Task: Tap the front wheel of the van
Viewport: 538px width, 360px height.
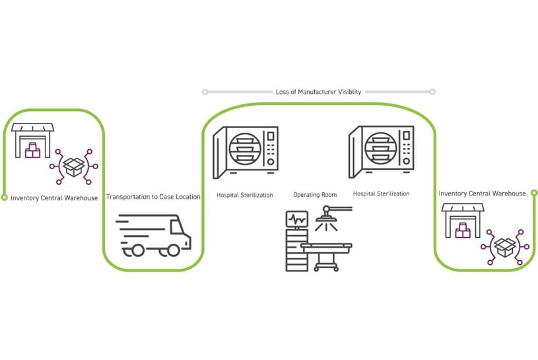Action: (x=174, y=250)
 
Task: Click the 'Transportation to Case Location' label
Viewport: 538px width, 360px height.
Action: (x=153, y=197)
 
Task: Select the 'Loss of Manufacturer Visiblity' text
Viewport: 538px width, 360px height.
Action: (x=318, y=92)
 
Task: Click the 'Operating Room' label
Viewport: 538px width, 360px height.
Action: (x=315, y=195)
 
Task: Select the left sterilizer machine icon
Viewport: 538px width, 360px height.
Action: (x=246, y=153)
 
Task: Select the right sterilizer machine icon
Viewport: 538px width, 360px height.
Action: (x=381, y=152)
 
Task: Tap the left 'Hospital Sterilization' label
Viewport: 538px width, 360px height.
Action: (x=244, y=195)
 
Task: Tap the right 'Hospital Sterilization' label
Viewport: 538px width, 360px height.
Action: (x=381, y=194)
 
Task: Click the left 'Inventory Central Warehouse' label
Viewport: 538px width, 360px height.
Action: (x=54, y=198)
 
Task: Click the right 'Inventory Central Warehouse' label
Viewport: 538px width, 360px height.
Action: (x=482, y=194)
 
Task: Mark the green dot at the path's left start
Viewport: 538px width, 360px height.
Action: (x=5, y=197)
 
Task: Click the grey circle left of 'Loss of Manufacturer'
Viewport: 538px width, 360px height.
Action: (x=205, y=92)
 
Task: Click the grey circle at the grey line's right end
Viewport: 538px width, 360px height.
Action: (x=432, y=92)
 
